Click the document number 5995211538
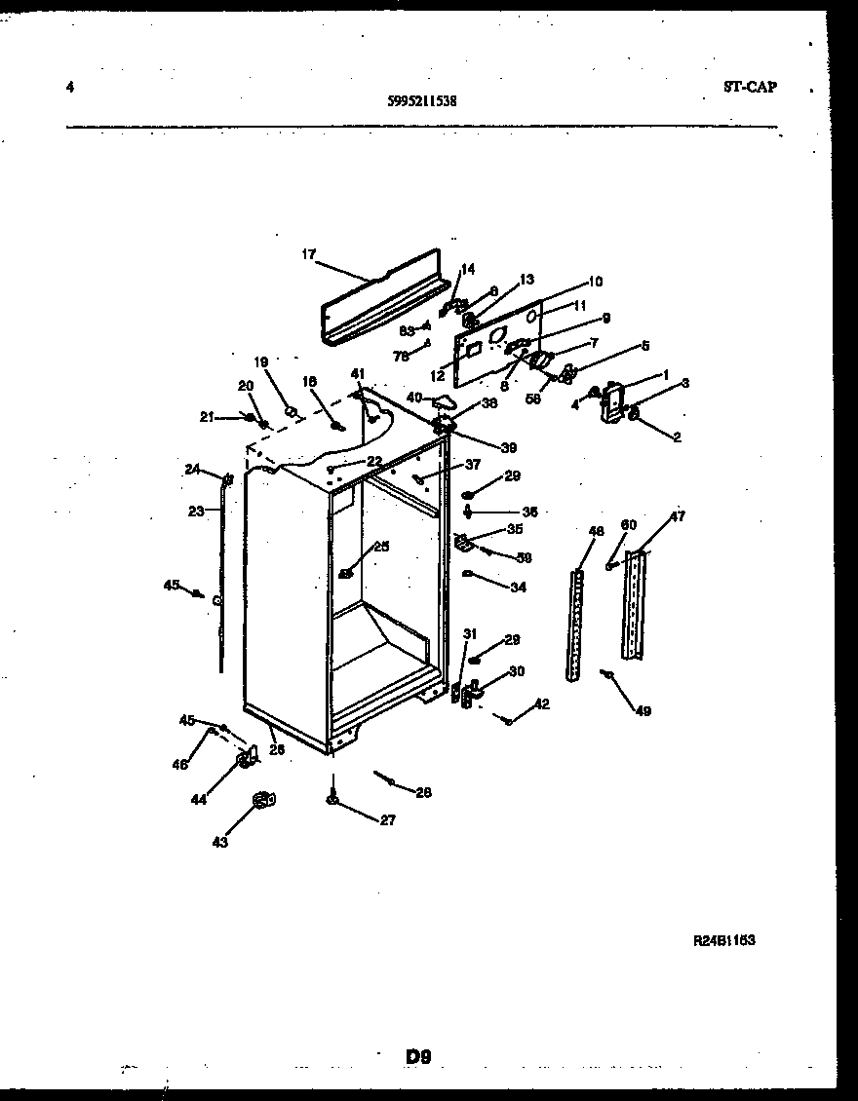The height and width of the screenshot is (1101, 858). (422, 99)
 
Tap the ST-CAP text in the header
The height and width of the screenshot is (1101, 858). (750, 87)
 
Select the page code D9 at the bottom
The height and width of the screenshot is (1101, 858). (418, 1055)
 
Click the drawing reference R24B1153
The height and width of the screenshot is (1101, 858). (724, 940)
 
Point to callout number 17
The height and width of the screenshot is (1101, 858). (308, 255)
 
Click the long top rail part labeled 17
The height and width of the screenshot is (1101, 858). (385, 297)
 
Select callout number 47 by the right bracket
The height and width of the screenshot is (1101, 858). (677, 517)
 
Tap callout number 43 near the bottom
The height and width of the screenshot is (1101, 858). (220, 842)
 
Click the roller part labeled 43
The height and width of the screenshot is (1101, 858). (261, 801)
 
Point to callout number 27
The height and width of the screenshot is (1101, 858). (387, 820)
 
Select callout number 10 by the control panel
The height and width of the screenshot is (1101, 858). (595, 282)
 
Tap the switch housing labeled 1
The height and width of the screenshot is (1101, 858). (612, 402)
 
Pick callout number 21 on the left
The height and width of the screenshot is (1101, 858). (206, 417)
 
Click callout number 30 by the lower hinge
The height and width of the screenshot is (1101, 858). (516, 671)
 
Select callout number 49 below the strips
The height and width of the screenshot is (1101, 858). (643, 710)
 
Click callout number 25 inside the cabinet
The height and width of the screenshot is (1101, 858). (381, 547)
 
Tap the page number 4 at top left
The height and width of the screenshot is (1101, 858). (69, 87)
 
